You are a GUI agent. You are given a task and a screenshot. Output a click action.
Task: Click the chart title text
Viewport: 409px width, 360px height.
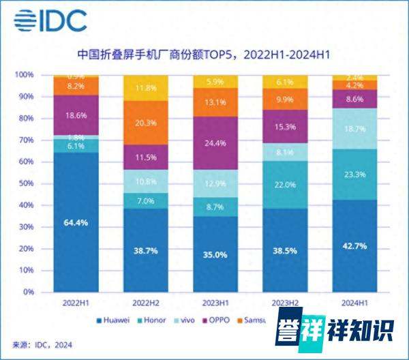[x=204, y=53]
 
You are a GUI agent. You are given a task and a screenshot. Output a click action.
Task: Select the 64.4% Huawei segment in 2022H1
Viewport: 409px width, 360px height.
[x=76, y=222]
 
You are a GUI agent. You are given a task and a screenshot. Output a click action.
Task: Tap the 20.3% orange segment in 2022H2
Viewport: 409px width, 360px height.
[x=145, y=123]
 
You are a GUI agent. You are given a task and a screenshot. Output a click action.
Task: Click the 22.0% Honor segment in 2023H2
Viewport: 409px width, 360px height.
[x=284, y=185]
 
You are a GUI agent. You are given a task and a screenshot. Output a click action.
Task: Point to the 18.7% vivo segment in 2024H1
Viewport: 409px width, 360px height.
[x=354, y=128]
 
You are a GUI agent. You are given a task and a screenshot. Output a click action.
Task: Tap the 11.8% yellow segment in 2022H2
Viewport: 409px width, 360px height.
[x=145, y=88]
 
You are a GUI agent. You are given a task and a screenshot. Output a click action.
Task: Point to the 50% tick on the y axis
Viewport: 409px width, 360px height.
[x=25, y=183]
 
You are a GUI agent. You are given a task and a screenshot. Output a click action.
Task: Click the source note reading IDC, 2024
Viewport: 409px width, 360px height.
[x=41, y=344]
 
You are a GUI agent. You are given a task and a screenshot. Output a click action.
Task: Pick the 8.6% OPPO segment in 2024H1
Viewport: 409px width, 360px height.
[x=354, y=99]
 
